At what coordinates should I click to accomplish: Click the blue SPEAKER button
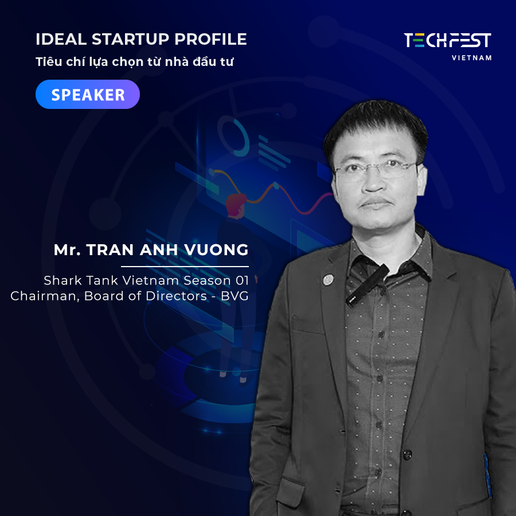pos(88,95)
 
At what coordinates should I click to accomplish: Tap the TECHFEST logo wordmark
pos(448,40)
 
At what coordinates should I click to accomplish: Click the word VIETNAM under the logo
pos(472,58)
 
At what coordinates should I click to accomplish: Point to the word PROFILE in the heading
pos(210,39)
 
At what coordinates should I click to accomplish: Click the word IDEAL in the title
pos(61,39)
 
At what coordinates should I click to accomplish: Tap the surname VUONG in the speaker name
pos(217,250)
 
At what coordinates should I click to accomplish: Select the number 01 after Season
pos(242,280)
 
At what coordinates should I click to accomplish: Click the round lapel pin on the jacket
pos(328,280)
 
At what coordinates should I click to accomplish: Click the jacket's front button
pos(408,455)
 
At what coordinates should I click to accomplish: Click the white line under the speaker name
pos(185,266)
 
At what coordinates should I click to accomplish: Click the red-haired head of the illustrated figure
pos(236,205)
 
